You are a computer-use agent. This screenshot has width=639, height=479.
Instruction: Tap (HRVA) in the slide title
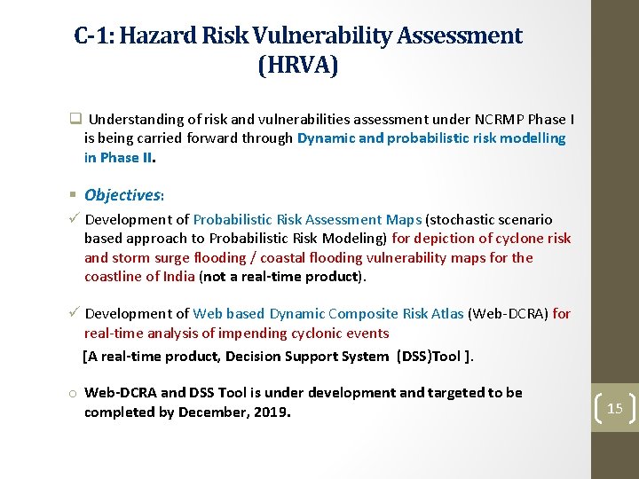click(298, 66)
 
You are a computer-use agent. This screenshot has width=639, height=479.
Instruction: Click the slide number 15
click(615, 409)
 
